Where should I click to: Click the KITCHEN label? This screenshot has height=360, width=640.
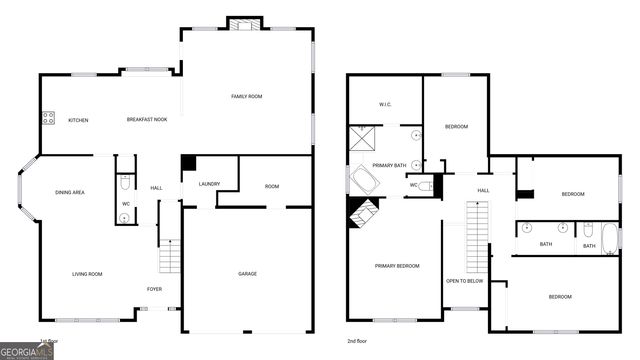coord(78,120)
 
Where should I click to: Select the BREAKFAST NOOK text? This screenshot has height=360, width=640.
coord(146,120)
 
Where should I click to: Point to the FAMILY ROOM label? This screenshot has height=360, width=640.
coord(246,96)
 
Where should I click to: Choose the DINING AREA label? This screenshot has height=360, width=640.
coord(69,192)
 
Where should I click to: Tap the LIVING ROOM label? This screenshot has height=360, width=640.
coord(87,273)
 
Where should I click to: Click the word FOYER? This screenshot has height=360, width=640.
coord(155,289)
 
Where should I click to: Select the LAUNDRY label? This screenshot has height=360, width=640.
coord(209,184)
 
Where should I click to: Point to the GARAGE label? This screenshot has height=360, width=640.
coord(247,273)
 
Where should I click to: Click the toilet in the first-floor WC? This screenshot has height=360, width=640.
coord(125,183)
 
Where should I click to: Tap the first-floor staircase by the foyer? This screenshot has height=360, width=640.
coord(169,258)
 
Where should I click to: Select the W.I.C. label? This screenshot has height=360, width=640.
coord(385,104)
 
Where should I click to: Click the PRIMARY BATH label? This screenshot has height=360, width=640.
coord(389,165)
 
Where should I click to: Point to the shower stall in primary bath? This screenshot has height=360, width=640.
coord(361,138)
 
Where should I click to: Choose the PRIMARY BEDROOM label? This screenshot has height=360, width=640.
coord(397,265)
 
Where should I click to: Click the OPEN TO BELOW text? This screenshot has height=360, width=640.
coord(465,281)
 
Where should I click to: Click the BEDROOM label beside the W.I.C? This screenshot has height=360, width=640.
coord(456,127)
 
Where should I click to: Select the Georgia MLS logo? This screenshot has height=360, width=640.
coord(27,352)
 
